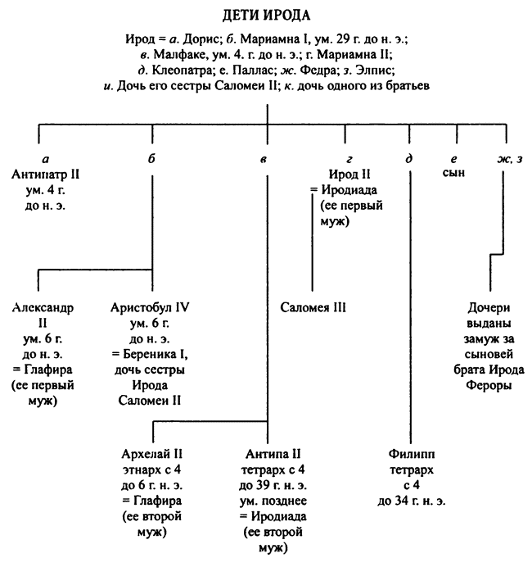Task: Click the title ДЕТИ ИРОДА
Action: click(267, 15)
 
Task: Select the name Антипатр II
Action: click(47, 175)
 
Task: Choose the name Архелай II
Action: click(151, 454)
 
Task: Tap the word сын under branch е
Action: click(453, 175)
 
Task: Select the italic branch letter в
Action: click(263, 159)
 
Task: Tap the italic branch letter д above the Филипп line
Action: click(408, 158)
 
